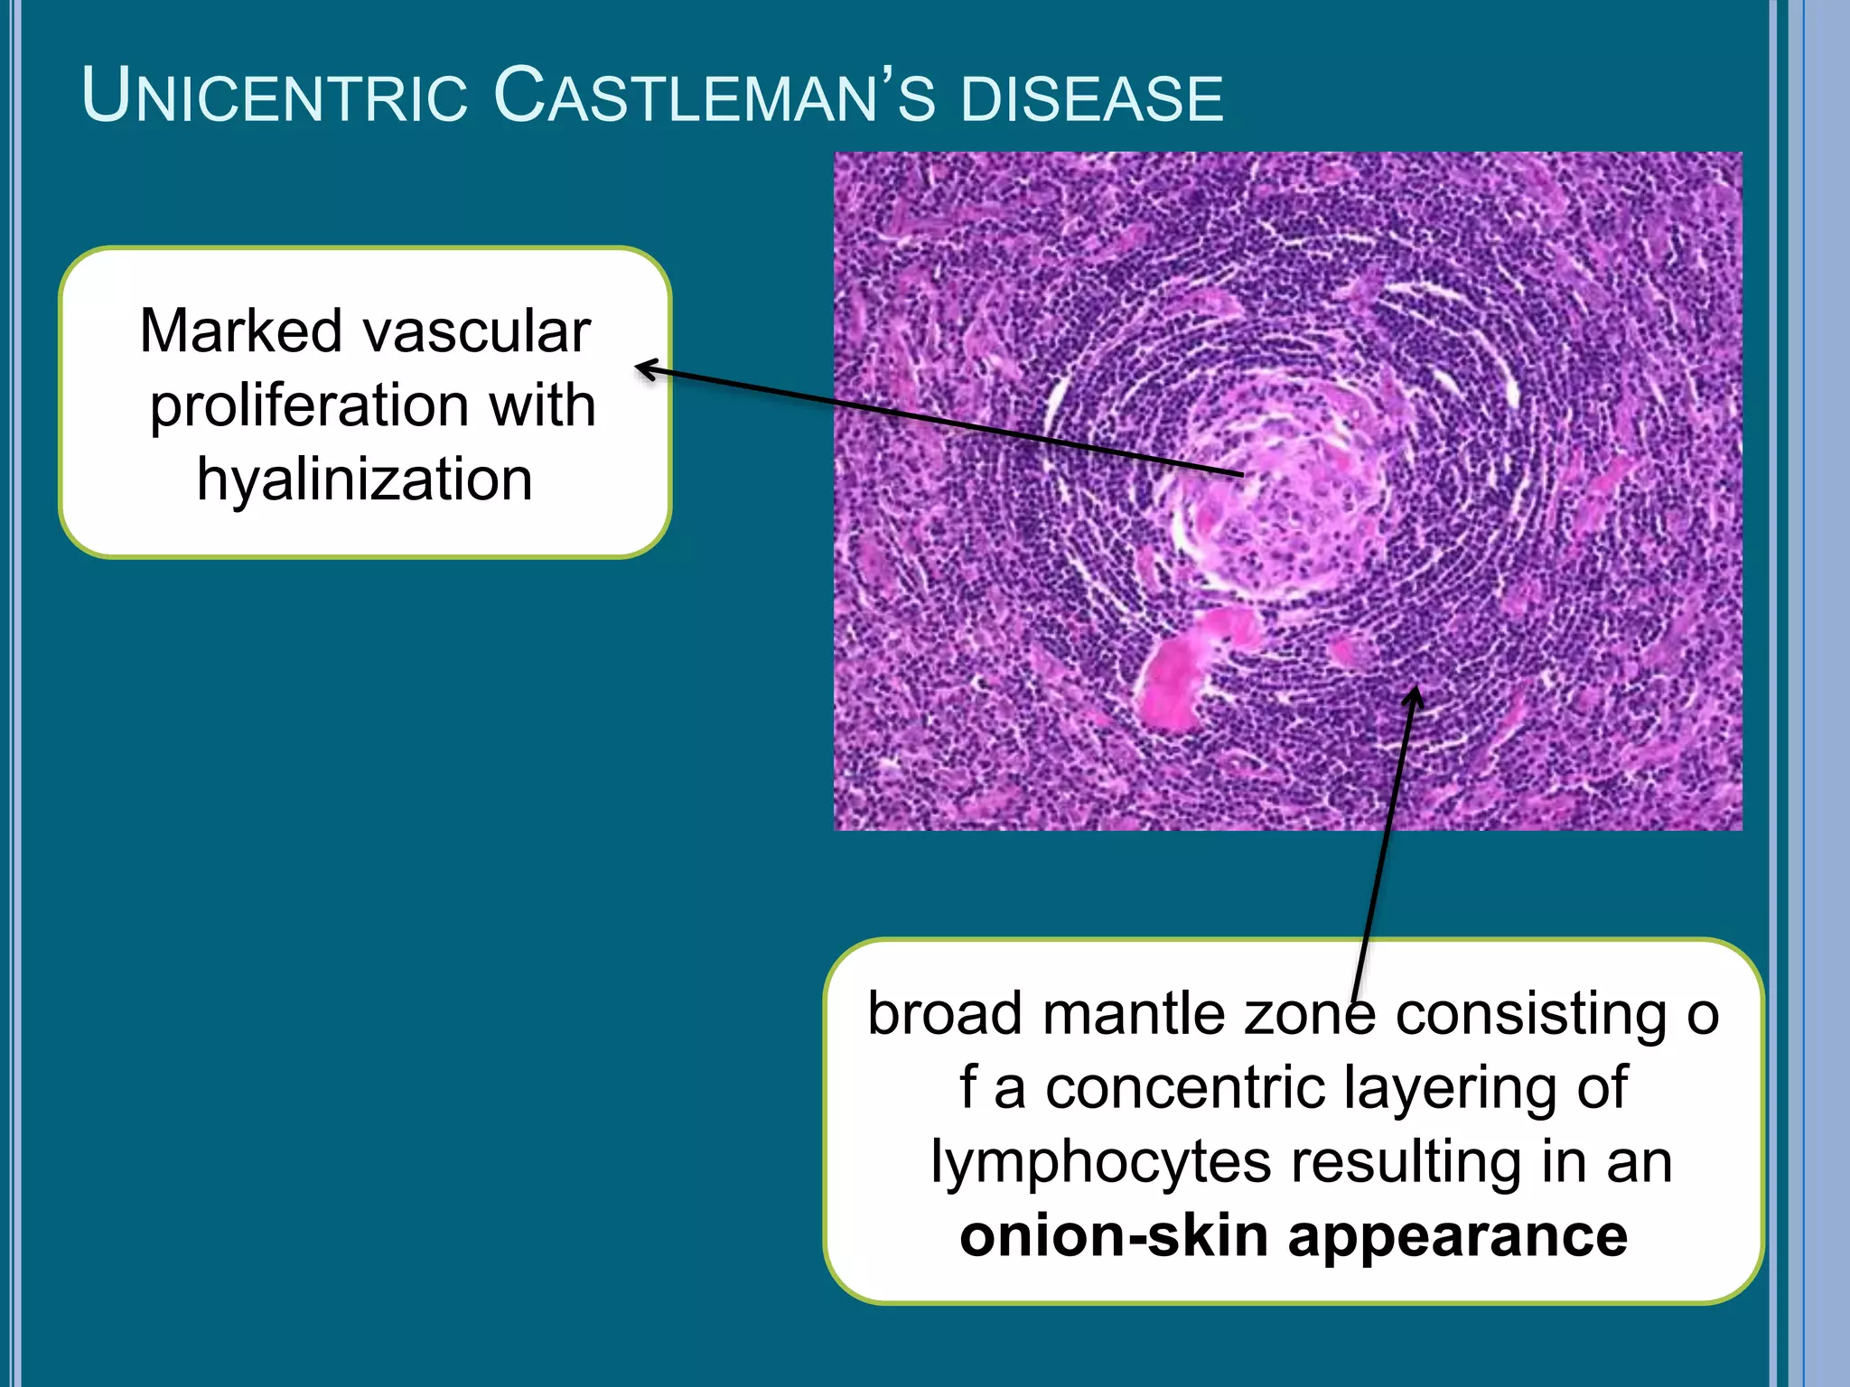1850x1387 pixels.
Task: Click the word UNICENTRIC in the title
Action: [275, 96]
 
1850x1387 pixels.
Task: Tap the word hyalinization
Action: [365, 479]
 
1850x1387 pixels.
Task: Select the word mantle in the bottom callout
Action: [1133, 1014]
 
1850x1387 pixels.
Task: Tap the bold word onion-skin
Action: [1113, 1236]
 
